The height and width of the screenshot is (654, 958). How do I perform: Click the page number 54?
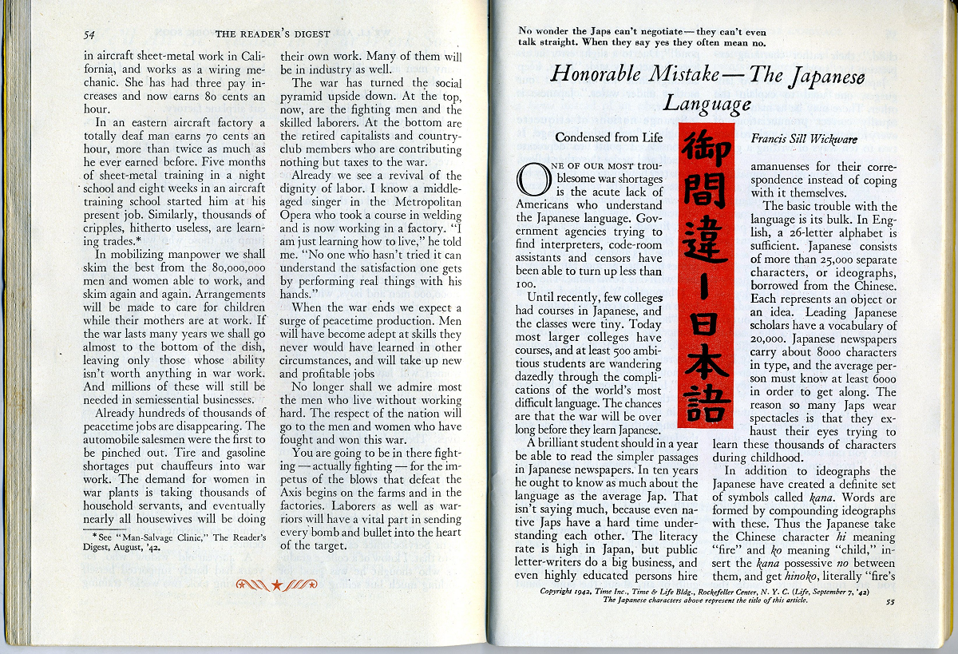(90, 34)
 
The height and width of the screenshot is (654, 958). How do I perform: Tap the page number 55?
(890, 602)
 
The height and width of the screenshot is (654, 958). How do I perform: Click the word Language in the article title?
(707, 104)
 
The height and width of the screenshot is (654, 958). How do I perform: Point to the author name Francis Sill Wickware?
(805, 138)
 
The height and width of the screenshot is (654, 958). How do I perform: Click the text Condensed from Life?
(609, 137)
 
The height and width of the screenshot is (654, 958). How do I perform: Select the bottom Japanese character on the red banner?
(706, 404)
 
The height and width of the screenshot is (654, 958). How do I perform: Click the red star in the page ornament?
(277, 585)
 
